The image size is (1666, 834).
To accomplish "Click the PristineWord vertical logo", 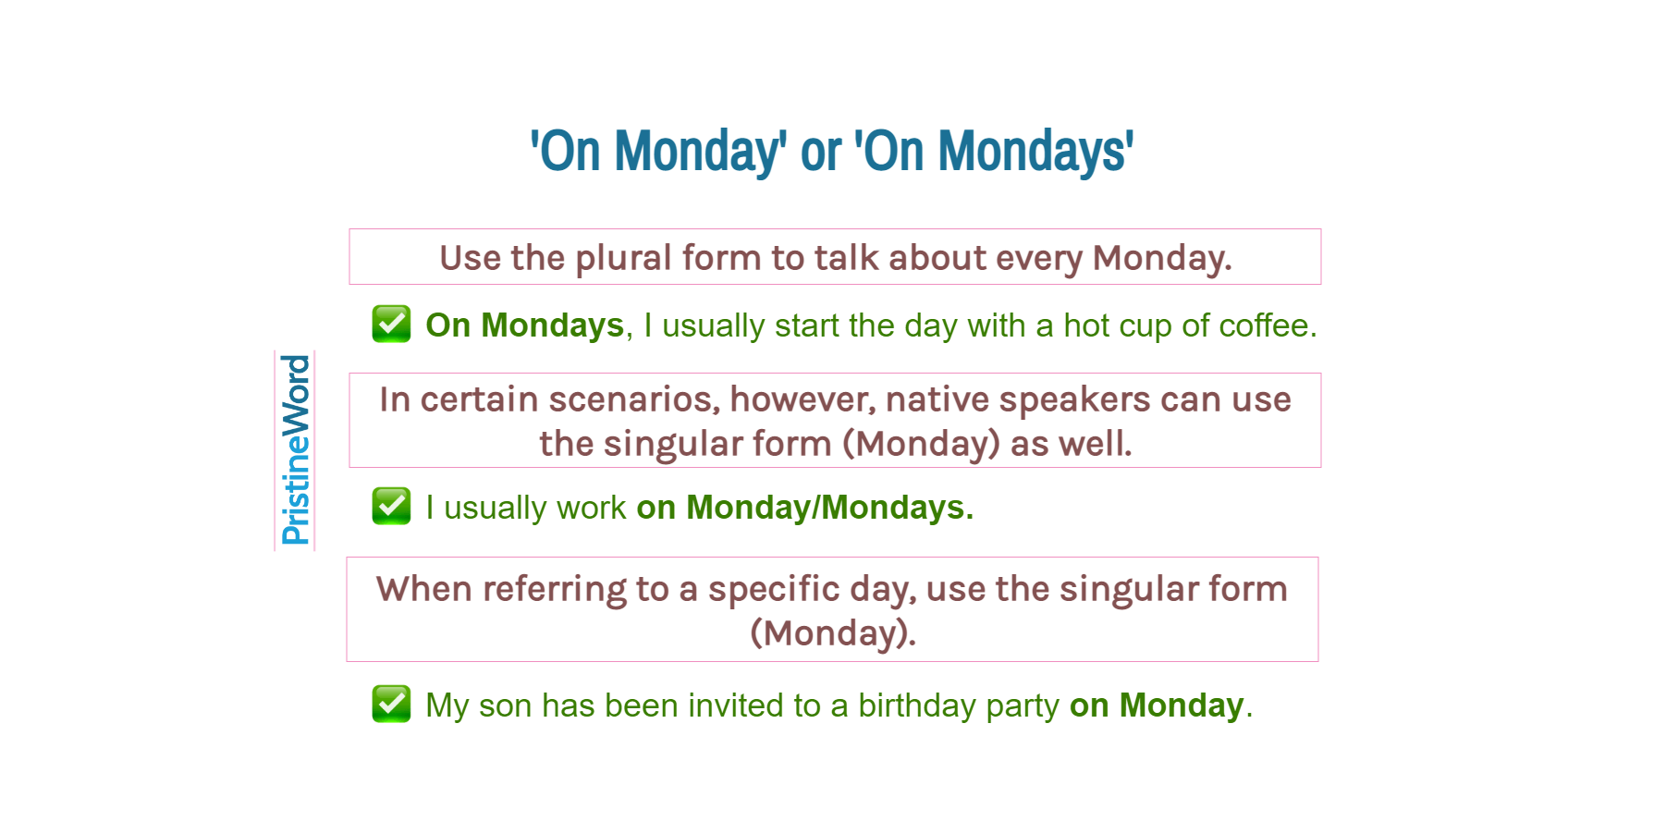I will click(295, 450).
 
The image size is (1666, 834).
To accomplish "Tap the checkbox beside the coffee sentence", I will click(391, 324).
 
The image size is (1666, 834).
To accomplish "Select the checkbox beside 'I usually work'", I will click(391, 506).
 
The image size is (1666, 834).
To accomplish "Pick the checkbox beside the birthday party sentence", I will click(391, 704).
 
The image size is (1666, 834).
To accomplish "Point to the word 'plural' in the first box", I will click(623, 258).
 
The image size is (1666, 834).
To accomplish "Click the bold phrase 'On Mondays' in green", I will click(524, 325).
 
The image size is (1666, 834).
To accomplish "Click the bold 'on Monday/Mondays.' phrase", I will click(804, 508).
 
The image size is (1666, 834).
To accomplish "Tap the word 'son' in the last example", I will click(505, 705).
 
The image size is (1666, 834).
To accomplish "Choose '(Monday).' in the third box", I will click(832, 633).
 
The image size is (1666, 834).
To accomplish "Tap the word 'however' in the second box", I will click(801, 399).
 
